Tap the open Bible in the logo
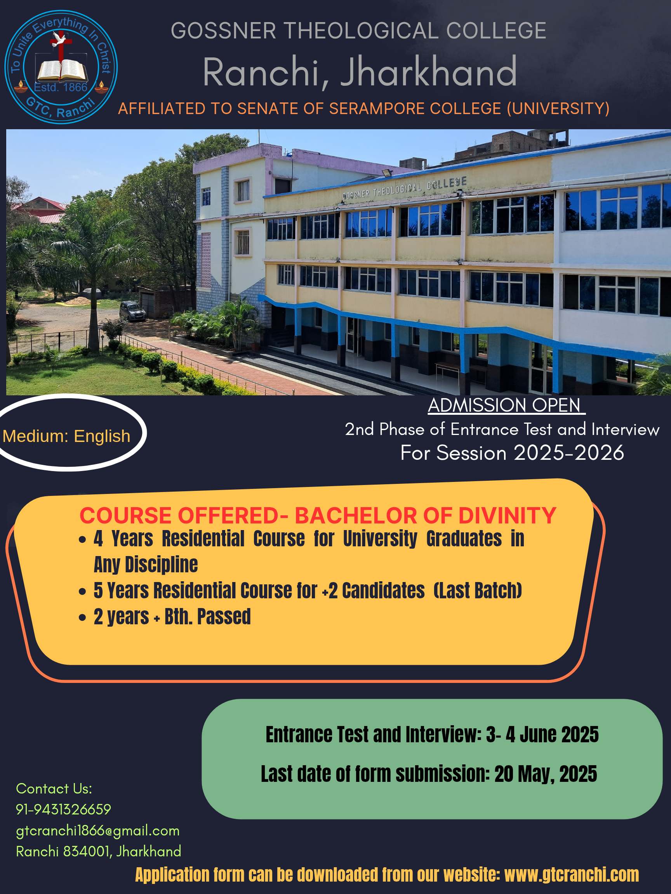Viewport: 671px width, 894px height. click(62, 70)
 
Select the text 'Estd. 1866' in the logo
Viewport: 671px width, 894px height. click(61, 87)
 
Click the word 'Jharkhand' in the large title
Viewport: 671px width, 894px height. click(429, 72)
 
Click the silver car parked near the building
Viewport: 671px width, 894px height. click(132, 311)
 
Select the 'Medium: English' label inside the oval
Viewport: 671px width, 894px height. click(66, 437)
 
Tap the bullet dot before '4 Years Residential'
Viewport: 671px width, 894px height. click(82, 540)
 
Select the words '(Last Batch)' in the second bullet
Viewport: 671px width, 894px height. click(478, 591)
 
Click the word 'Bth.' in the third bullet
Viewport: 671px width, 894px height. click(178, 617)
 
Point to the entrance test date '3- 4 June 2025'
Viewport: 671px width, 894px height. click(542, 735)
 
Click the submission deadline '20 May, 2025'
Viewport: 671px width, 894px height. click(546, 774)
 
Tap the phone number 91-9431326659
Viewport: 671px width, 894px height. click(64, 809)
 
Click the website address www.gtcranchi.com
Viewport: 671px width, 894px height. click(572, 875)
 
